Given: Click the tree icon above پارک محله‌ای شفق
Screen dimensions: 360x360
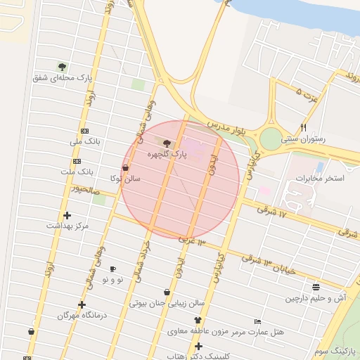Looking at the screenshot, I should (x=62, y=67).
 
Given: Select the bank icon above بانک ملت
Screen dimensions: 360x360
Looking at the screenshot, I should (x=85, y=161).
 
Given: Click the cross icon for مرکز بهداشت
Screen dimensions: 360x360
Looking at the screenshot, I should (x=67, y=215).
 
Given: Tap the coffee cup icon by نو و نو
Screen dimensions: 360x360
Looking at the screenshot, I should (x=112, y=269).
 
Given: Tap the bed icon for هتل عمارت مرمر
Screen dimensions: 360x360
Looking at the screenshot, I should (x=257, y=321).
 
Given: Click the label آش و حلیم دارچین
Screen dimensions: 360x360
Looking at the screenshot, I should (x=316, y=298).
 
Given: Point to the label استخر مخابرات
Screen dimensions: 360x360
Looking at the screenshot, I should (x=319, y=178).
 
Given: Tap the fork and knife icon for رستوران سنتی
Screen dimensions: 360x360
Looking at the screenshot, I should (x=303, y=127).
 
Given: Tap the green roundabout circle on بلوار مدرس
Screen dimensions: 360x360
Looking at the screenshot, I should (x=270, y=139).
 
